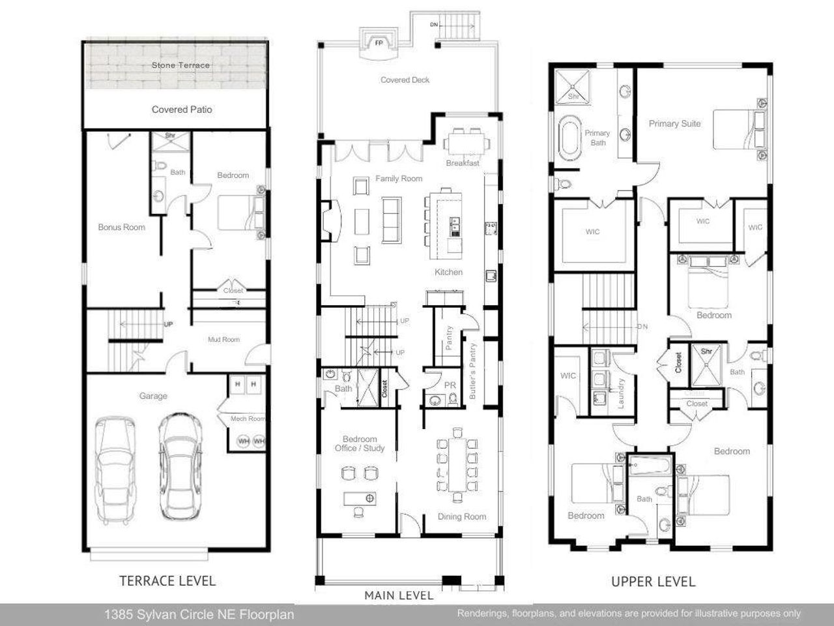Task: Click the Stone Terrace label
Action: [180, 65]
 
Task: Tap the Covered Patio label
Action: [182, 110]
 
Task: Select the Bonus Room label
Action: [121, 228]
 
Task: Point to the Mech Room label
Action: [248, 419]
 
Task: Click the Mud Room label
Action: [223, 340]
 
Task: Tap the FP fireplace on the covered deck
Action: [378, 44]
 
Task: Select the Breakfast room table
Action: [465, 142]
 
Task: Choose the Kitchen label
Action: [448, 272]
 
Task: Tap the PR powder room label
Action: [450, 385]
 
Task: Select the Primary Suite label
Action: [674, 123]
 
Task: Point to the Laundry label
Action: [621, 393]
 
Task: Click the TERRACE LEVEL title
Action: [167, 580]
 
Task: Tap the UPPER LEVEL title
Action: [653, 581]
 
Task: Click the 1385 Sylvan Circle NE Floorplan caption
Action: [199, 614]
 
